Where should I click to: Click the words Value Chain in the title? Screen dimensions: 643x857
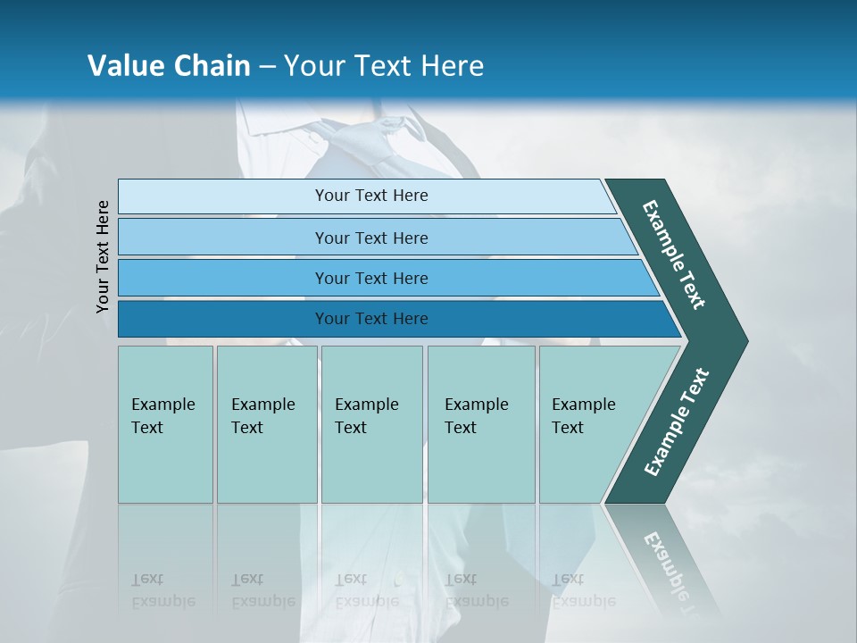tap(169, 66)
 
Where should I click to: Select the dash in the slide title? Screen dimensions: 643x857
tap(267, 67)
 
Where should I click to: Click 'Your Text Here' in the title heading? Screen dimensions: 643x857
tap(384, 66)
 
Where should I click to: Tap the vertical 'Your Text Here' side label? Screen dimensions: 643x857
tap(103, 256)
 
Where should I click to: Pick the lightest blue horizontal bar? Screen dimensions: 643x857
tap(366, 196)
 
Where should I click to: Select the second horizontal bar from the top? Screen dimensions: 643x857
tap(375, 238)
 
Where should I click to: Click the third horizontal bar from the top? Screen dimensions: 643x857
tap(384, 278)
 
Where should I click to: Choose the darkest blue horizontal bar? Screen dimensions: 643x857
tap(393, 319)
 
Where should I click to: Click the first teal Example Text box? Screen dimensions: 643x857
tap(165, 424)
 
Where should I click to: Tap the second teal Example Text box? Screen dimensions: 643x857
tap(266, 424)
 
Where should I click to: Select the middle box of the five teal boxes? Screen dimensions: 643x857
tap(371, 424)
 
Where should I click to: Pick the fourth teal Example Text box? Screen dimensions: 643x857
tap(480, 424)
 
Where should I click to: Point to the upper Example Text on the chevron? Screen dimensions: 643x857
tap(674, 255)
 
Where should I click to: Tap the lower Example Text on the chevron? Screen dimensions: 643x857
tap(677, 422)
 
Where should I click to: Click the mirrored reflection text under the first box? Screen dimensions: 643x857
tap(162, 590)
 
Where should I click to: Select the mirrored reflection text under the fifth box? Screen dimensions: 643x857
tap(583, 590)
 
